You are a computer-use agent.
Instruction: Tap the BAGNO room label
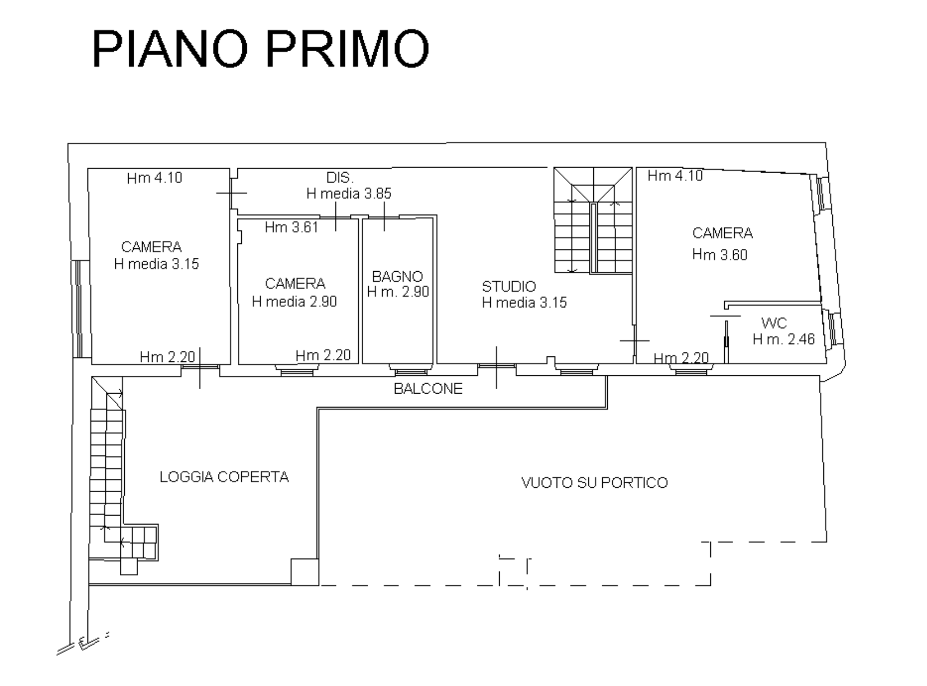tap(397, 276)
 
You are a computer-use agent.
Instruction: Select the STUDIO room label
tap(509, 286)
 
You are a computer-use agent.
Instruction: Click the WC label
tap(774, 322)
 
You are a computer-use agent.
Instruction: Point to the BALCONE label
tap(428, 389)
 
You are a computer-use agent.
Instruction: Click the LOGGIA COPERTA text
tap(224, 477)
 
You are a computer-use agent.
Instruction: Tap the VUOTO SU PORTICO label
tap(594, 483)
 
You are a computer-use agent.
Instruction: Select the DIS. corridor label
tap(340, 178)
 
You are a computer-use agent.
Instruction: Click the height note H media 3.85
tap(349, 193)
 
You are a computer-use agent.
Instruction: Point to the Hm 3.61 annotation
tap(291, 227)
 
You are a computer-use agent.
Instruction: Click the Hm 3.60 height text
tap(719, 254)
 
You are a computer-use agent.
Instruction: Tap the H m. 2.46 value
tap(783, 339)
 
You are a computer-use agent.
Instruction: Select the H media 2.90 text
tap(294, 301)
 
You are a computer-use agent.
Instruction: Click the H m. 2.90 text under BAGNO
tap(398, 292)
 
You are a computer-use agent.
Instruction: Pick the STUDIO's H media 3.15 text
tap(524, 302)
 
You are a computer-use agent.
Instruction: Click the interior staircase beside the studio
tap(593, 220)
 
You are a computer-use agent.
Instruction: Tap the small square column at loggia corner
tap(305, 572)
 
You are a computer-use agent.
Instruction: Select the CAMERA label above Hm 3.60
tap(722, 233)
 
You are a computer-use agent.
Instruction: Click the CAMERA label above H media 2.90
tap(295, 283)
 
